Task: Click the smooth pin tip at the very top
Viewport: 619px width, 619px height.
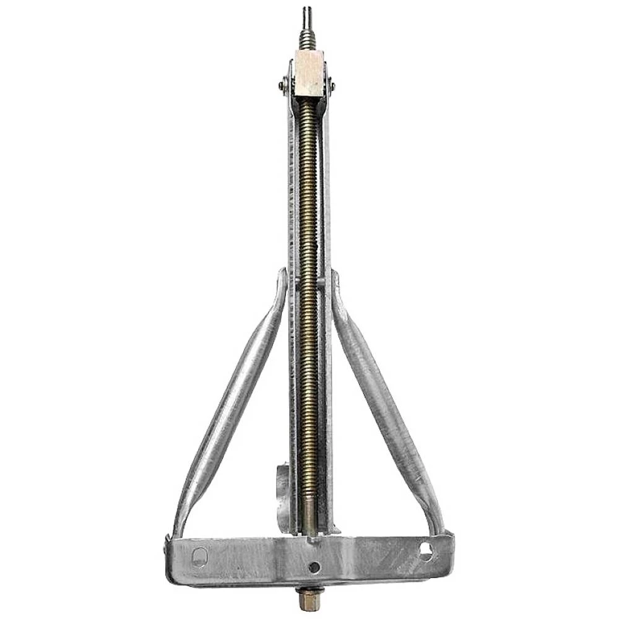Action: pos(306,14)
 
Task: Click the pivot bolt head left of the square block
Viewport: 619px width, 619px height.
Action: pos(282,85)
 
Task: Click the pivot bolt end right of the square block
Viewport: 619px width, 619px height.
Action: pos(334,85)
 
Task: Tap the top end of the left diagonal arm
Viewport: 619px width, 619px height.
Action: pos(282,279)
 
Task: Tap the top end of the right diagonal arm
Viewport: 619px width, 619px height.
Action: pos(336,280)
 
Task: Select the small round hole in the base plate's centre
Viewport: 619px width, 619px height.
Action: pos(315,566)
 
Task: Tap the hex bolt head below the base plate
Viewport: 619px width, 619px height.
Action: pos(308,600)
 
